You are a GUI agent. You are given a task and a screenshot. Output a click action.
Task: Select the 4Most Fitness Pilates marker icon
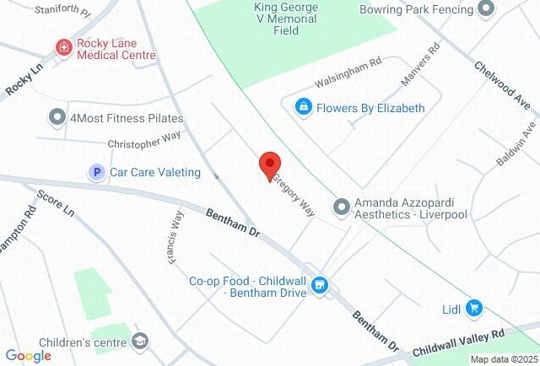[57, 116]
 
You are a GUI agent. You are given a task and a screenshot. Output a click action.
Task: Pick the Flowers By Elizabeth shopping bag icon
[302, 108]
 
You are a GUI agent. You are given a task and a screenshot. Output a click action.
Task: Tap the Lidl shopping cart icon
[474, 309]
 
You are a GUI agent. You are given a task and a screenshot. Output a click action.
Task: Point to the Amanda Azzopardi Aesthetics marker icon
[342, 207]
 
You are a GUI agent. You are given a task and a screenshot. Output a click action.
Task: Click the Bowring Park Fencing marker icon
[485, 10]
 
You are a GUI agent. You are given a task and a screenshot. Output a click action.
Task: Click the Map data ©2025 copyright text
[504, 359]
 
